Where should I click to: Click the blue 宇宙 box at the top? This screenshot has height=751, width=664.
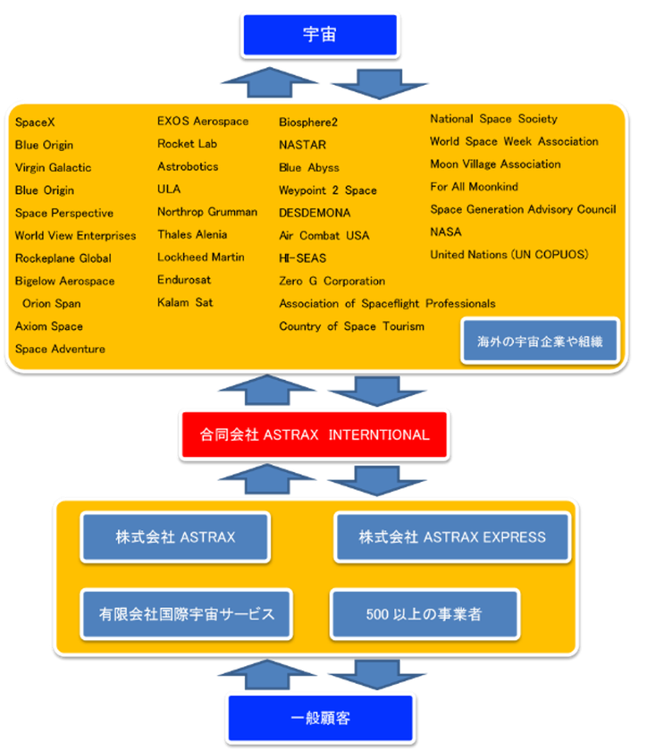tap(319, 35)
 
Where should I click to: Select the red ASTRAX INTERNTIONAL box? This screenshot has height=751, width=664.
tap(315, 435)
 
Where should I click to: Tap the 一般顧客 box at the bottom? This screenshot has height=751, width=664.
tap(320, 718)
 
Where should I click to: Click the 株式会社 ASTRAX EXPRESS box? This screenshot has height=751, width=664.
tap(452, 537)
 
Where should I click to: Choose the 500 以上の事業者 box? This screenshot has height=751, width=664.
tap(424, 614)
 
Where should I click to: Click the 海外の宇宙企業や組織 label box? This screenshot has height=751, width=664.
tap(540, 341)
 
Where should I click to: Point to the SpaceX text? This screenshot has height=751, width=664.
tap(35, 122)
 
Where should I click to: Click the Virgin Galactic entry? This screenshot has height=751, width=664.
tap(53, 167)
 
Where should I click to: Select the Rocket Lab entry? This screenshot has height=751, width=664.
tap(188, 144)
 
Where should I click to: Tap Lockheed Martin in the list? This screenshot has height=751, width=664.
tap(201, 257)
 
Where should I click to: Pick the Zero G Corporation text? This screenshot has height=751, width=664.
tap(332, 281)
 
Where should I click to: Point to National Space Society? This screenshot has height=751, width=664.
tap(493, 119)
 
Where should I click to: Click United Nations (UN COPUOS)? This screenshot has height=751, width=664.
tap(509, 255)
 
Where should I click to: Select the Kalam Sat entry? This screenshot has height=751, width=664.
tap(185, 303)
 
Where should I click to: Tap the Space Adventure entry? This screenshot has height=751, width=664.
tap(60, 349)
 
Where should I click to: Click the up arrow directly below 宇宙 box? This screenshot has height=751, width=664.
tap(258, 82)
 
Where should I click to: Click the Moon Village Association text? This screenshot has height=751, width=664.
tap(495, 165)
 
